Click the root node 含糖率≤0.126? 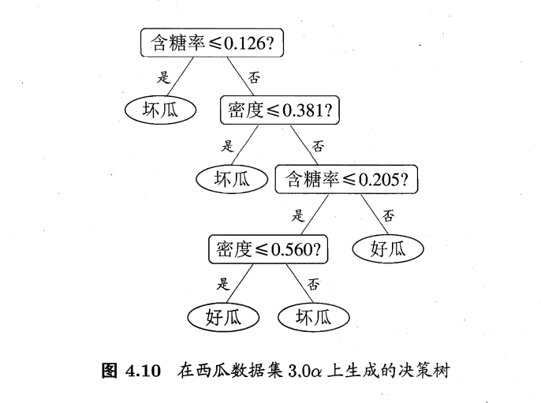pos(211,42)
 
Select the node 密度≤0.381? pos(279,111)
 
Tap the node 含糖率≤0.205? pos(345,180)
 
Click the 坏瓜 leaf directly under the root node pos(160,110)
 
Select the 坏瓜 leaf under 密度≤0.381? pos(233,179)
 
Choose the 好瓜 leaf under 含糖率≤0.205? pos(388,249)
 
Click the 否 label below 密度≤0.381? pos(319,146)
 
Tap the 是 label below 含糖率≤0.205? pos(298,215)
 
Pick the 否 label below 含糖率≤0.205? pos(388,215)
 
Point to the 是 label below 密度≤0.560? pos(223,284)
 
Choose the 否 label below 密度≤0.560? pos(313,284)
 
